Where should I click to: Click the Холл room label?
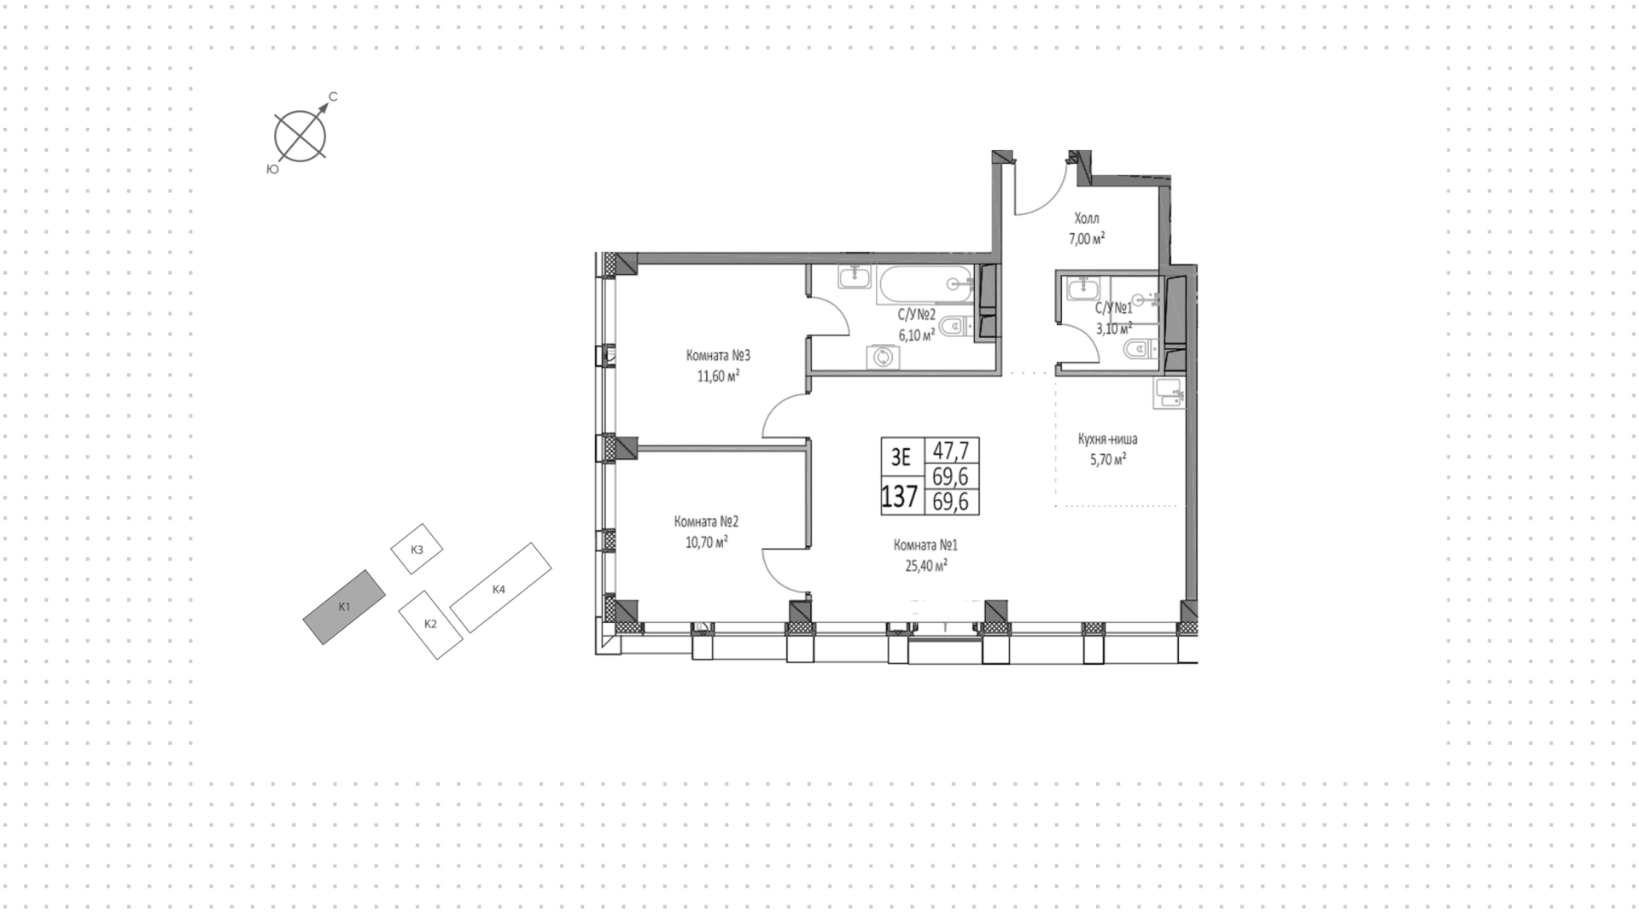pos(1087,219)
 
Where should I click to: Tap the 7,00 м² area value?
pos(1087,239)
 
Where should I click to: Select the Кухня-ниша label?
pos(1107,440)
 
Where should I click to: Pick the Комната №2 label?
pos(706,521)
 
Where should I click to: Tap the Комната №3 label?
pos(718,355)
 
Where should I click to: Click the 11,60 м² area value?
pos(718,376)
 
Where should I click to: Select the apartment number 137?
pos(900,496)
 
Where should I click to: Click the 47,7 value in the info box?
pos(950,451)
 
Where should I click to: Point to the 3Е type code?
pos(901,457)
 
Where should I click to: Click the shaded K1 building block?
pos(344,607)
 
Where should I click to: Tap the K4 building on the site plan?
pos(500,588)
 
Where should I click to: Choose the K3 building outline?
pos(417,549)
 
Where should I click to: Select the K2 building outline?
pos(431,625)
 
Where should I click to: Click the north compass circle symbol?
pos(300,136)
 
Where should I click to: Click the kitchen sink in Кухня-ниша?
pos(1169,393)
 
